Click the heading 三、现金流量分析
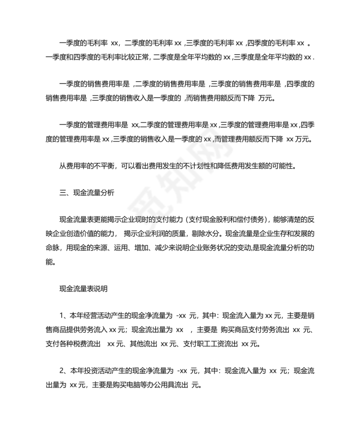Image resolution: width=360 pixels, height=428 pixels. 86,193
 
